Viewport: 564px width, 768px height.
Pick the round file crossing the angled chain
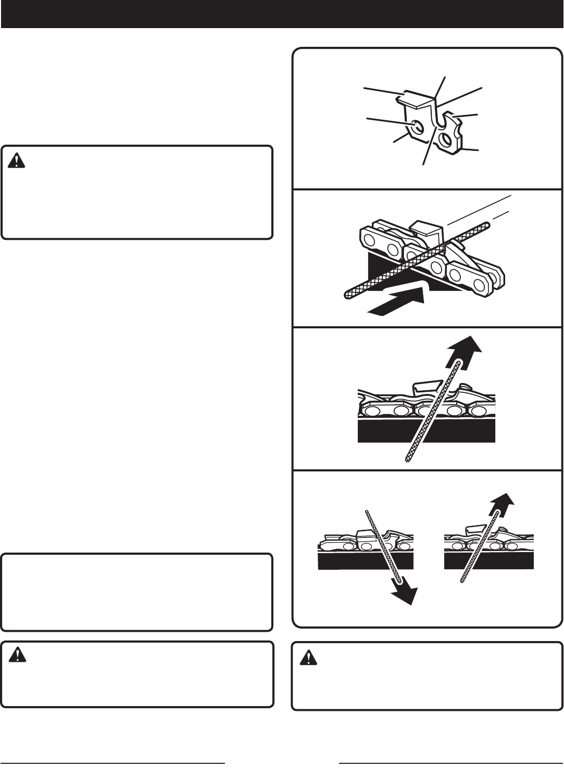pyautogui.click(x=417, y=261)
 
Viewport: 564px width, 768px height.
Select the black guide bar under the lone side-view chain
pyautogui.click(x=427, y=431)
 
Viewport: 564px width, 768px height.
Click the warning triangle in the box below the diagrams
pyautogui.click(x=308, y=658)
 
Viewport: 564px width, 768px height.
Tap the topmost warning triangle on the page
pyautogui.click(x=17, y=161)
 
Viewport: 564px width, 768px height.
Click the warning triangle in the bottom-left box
pyautogui.click(x=17, y=657)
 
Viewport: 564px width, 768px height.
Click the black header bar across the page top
pyautogui.click(x=282, y=14)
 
